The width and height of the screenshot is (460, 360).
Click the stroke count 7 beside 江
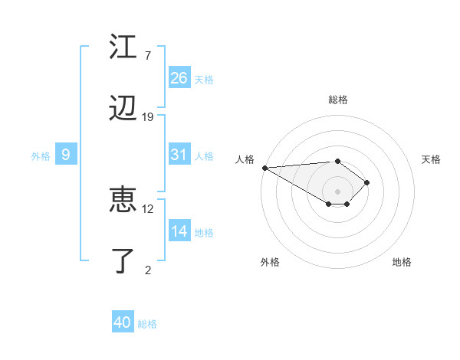pos(147,55)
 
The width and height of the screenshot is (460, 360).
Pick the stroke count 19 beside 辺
pos(148,117)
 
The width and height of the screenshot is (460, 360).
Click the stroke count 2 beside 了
pos(148,270)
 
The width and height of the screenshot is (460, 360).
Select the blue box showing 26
pos(179,78)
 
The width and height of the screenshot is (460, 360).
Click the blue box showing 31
pos(179,155)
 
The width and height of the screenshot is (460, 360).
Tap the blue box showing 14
pos(179,231)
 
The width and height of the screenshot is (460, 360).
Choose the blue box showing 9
pos(66,155)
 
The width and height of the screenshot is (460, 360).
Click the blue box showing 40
pos(123,322)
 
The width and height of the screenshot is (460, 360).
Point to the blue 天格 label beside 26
pos(204,79)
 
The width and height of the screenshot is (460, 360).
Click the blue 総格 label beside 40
pos(147,324)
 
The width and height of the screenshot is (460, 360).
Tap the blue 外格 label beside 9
pos(41,155)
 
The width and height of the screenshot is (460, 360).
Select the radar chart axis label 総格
pos(338,100)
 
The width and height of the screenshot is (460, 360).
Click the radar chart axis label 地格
pos(402,262)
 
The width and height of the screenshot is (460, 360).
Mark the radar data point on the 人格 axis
pos(264,168)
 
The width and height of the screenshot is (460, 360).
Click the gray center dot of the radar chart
pos(338,191)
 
